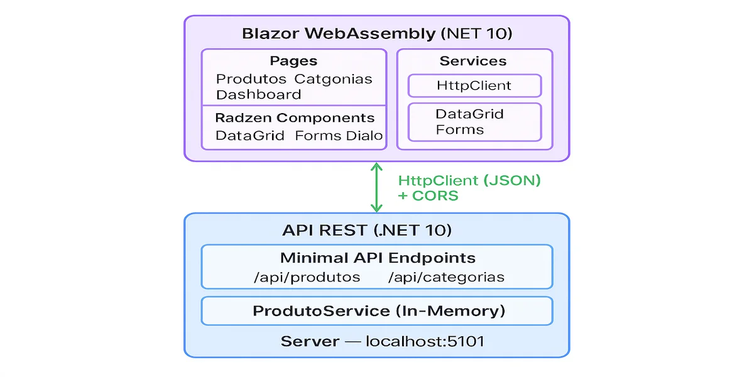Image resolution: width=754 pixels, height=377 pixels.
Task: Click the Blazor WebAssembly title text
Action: click(x=376, y=33)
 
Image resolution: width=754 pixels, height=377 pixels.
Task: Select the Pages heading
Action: click(x=293, y=61)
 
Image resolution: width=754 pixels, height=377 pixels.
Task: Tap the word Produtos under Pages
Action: click(x=250, y=79)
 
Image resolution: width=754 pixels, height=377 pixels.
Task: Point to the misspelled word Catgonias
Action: click(x=333, y=79)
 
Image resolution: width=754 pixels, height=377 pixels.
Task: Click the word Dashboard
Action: click(x=258, y=95)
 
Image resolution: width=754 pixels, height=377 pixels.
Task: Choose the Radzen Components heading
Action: click(x=294, y=118)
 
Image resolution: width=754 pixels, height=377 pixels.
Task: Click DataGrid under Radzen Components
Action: click(x=249, y=136)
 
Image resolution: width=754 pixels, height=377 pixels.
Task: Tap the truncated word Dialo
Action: click(x=364, y=136)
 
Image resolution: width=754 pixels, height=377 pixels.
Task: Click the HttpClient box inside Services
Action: click(x=474, y=85)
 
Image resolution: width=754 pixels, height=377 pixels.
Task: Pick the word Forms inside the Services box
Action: click(x=459, y=130)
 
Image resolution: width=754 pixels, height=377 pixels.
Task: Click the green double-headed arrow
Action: click(x=376, y=187)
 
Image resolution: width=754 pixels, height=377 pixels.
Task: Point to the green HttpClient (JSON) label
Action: click(x=469, y=180)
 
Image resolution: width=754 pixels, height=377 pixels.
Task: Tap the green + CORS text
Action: click(x=428, y=195)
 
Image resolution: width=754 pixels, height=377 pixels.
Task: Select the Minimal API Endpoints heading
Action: click(x=377, y=258)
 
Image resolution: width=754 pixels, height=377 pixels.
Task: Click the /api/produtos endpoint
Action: click(x=307, y=277)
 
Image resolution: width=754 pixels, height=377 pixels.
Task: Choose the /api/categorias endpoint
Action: click(x=446, y=277)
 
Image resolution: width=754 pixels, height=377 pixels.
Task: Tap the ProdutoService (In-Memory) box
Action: click(x=377, y=311)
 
